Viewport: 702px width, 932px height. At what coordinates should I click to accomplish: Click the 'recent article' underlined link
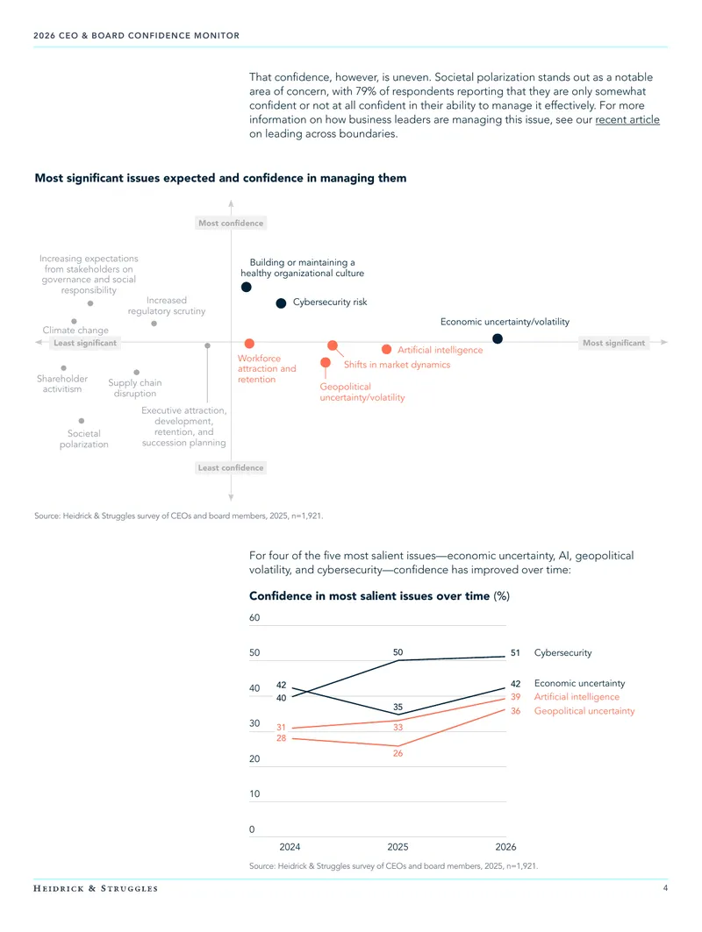click(x=627, y=119)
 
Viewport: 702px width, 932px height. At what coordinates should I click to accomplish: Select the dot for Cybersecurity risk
click(x=281, y=303)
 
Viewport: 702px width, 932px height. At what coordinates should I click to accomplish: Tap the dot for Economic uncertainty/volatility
click(x=498, y=338)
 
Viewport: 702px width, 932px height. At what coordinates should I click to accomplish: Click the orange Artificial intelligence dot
click(x=387, y=350)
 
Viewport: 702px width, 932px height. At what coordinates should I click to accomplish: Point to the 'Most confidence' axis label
click(x=231, y=223)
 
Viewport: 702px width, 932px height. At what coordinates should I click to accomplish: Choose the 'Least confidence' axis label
click(x=231, y=468)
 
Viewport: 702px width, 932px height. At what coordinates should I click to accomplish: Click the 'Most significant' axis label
click(x=613, y=343)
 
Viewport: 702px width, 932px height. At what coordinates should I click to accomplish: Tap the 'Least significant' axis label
click(x=85, y=343)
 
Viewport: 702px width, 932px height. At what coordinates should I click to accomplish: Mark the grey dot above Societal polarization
click(x=82, y=421)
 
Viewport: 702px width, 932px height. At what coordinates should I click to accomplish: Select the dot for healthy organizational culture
click(x=247, y=287)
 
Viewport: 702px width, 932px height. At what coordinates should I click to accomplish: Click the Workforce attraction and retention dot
click(x=249, y=344)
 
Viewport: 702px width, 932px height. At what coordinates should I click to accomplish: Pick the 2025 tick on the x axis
click(x=398, y=847)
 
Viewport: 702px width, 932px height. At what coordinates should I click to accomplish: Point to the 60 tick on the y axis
click(x=254, y=617)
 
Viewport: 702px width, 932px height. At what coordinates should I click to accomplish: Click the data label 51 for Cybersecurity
click(x=515, y=652)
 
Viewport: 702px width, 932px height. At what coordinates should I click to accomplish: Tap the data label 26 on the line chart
click(x=398, y=753)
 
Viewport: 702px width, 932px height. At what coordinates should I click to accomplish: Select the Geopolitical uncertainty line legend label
click(x=584, y=711)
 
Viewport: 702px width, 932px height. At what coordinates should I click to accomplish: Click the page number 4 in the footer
click(x=665, y=888)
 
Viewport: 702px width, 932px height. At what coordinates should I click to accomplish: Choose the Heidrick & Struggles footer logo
click(x=96, y=889)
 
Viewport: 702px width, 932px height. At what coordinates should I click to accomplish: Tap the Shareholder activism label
click(x=62, y=384)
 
